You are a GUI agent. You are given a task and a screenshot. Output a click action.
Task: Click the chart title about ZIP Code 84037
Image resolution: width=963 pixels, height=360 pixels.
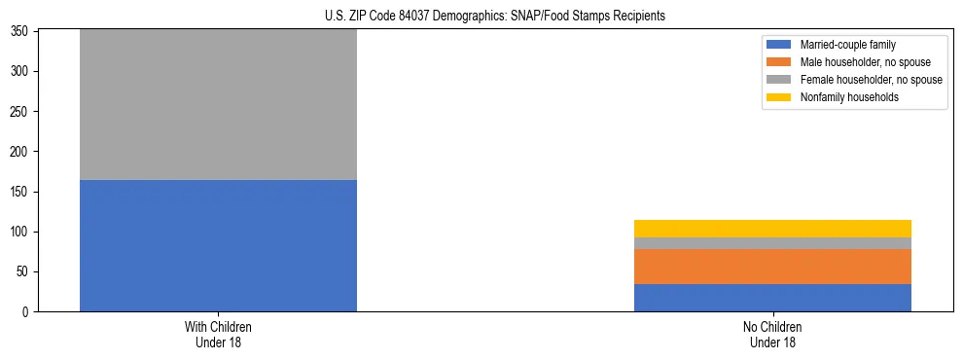pos(495,17)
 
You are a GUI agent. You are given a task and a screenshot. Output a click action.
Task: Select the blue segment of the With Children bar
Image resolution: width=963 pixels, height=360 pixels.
pos(218,245)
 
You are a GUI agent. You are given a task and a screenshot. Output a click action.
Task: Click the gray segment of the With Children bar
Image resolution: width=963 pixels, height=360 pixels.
pos(218,105)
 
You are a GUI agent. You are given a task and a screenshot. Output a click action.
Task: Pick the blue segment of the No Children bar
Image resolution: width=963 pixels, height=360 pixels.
pos(772,298)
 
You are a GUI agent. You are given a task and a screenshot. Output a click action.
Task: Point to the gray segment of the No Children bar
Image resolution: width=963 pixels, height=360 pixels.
pos(772,243)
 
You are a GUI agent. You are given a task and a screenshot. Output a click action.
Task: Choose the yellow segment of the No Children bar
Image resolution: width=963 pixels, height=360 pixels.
pos(772,229)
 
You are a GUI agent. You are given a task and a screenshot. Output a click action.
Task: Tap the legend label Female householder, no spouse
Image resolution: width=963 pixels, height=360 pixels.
pos(871,80)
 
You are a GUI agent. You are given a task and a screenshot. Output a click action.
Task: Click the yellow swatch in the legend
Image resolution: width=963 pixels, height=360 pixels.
pos(779,97)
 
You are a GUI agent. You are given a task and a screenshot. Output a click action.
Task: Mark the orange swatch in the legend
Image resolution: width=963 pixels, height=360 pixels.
pos(779,62)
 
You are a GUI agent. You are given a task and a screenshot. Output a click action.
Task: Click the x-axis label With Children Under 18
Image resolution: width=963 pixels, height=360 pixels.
pos(218,334)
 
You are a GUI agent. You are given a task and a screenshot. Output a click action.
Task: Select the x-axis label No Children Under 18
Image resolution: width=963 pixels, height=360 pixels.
pos(772,334)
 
